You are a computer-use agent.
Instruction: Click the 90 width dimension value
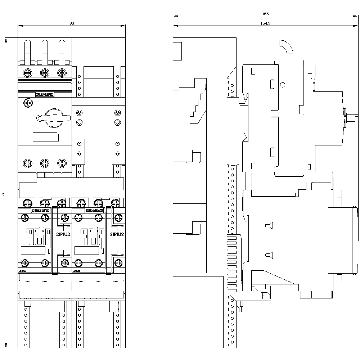(x=72, y=23)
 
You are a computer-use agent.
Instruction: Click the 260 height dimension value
(x=3, y=193)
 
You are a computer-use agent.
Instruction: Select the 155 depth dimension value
(x=265, y=14)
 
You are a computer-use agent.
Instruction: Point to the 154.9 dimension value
(x=265, y=23)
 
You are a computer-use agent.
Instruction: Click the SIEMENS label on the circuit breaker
(x=45, y=94)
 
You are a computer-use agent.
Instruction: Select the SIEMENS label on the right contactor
(x=94, y=210)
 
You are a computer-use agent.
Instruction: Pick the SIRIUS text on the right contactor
(x=117, y=234)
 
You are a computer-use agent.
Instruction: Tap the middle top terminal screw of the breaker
(x=45, y=73)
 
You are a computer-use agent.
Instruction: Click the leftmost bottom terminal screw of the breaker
(x=28, y=163)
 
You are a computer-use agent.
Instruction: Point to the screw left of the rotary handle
(x=28, y=103)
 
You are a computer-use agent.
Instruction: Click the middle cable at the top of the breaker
(x=45, y=50)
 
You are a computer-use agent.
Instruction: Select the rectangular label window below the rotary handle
(x=45, y=137)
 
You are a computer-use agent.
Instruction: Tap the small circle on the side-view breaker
(x=283, y=85)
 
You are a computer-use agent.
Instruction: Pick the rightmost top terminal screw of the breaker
(x=62, y=73)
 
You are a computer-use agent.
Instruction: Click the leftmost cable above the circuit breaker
(x=28, y=50)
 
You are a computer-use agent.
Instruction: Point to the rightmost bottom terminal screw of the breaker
(x=62, y=163)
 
